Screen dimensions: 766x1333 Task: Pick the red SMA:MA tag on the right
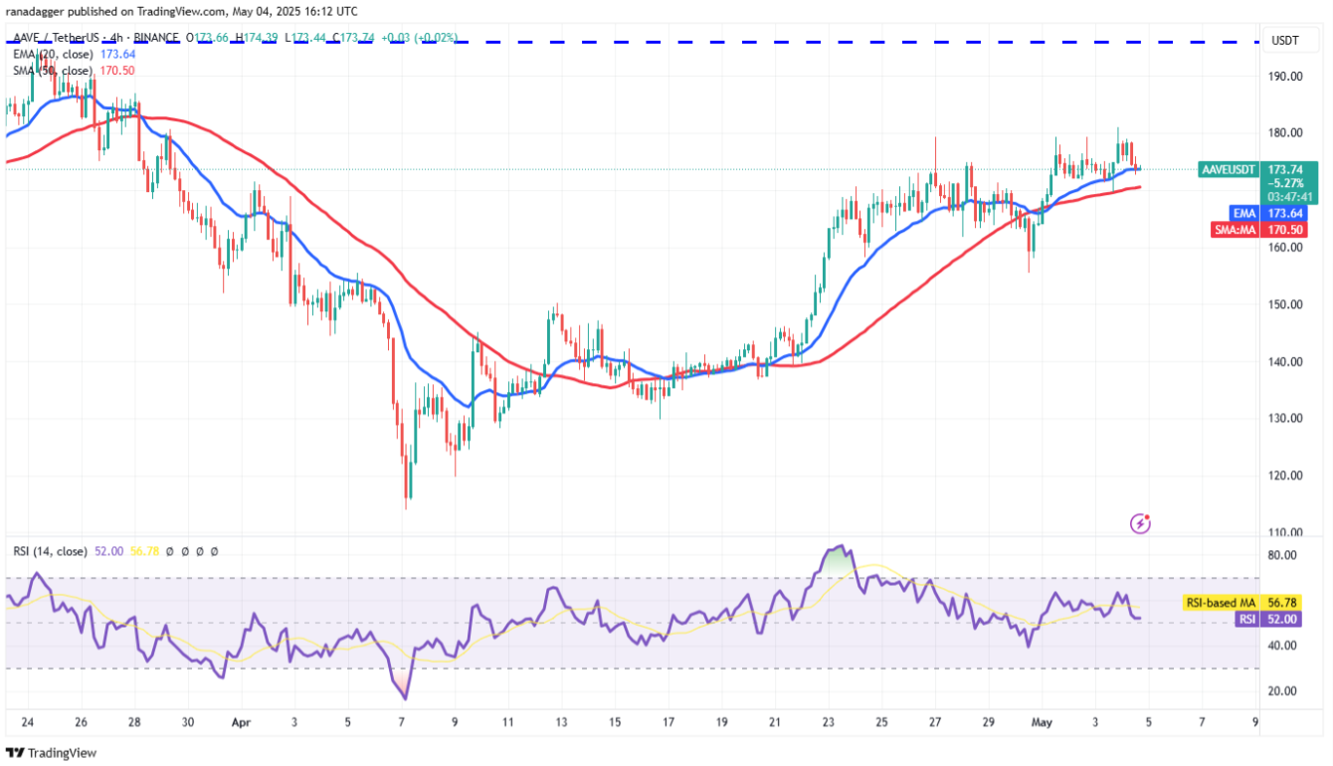click(x=1234, y=230)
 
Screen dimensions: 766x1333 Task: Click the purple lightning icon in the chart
click(x=1141, y=522)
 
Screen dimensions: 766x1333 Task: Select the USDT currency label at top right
click(x=1286, y=40)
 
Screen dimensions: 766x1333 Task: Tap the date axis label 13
click(x=562, y=722)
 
